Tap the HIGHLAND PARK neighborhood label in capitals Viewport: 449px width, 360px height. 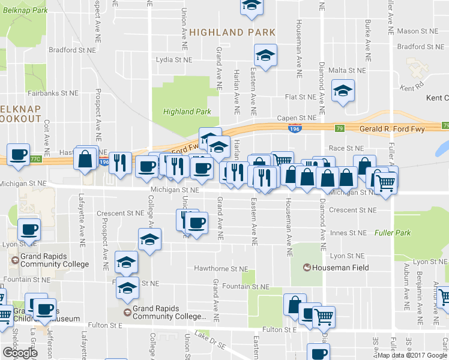tap(232, 32)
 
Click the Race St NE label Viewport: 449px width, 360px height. tap(346, 148)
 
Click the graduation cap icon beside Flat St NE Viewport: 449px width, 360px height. tap(343, 91)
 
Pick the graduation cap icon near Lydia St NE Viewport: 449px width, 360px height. tap(264, 55)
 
